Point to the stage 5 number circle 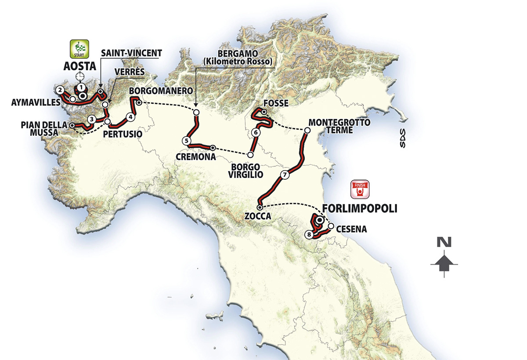186,141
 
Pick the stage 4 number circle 130,117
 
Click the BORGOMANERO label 161,90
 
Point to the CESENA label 351,229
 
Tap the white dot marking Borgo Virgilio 250,155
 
